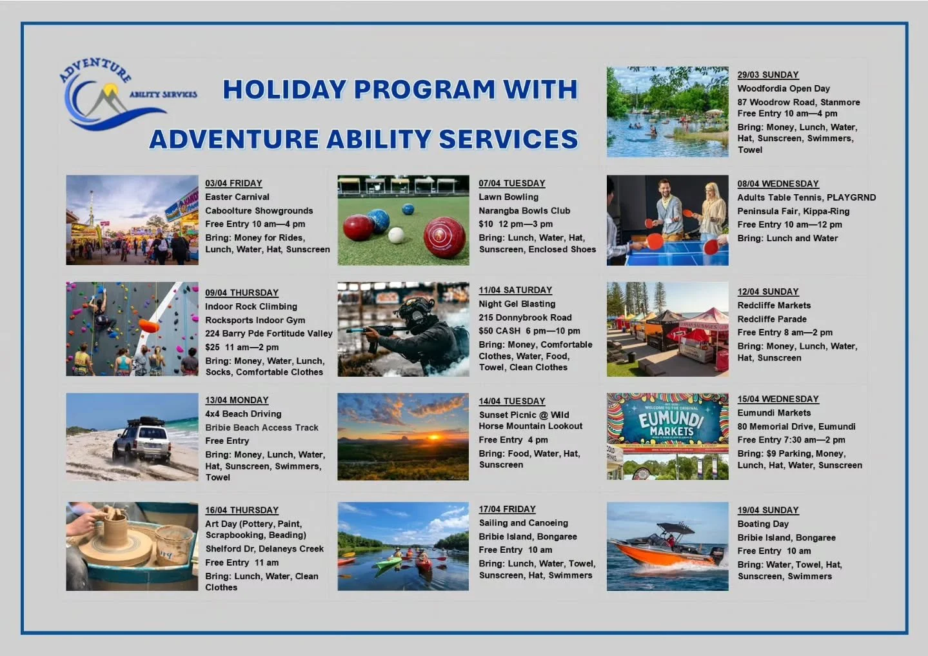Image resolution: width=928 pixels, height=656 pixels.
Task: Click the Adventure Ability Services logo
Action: [123, 94]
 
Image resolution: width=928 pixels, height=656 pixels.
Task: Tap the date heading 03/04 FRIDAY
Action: [233, 183]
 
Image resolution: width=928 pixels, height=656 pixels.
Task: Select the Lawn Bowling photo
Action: [403, 220]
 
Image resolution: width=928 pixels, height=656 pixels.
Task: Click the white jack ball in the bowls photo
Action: [396, 235]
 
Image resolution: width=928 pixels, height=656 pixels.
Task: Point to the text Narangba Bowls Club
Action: [524, 211]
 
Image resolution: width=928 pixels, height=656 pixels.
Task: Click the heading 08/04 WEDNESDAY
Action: [778, 184]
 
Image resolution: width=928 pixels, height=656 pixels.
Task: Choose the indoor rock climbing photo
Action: [132, 328]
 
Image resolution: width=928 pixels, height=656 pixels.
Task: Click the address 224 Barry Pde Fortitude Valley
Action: [268, 333]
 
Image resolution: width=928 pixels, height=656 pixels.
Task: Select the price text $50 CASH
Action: [499, 331]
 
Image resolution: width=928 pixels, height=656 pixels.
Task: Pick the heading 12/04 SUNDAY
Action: [767, 292]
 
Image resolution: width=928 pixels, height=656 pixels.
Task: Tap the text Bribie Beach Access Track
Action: [261, 428]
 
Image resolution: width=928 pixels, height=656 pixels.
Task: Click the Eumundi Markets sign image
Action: [667, 436]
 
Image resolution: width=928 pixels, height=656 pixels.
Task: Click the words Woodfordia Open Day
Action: [783, 88]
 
